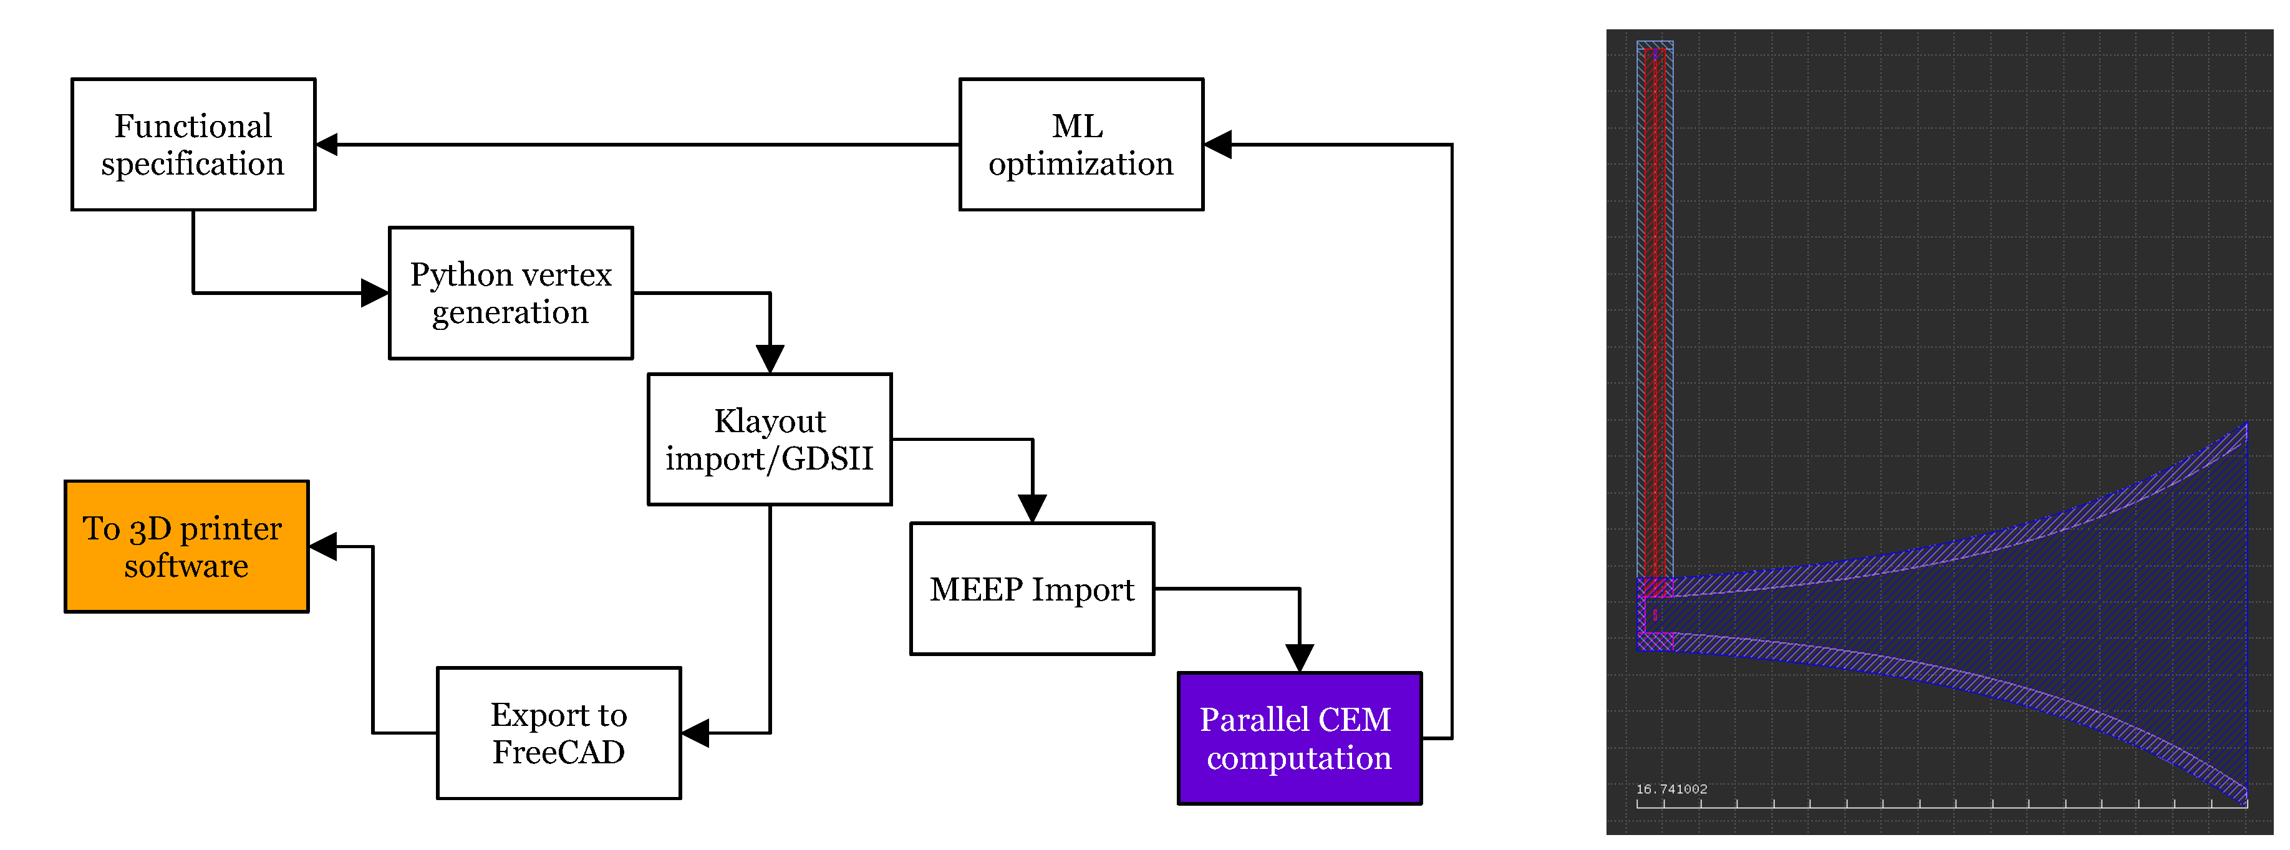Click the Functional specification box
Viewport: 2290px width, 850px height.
pos(193,144)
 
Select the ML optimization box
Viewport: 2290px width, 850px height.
pos(1080,144)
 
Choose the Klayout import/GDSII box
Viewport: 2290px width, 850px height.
pos(769,439)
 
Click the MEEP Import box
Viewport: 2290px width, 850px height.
pos(1031,589)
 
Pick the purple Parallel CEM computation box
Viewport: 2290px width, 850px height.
pos(1299,738)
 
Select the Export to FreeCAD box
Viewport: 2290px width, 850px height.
pos(558,733)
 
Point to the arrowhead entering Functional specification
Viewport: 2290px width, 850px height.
pos(328,144)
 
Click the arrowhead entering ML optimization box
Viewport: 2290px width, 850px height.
pos(1217,144)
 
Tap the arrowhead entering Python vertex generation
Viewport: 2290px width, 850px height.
pos(375,292)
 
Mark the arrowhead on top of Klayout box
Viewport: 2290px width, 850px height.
pos(769,359)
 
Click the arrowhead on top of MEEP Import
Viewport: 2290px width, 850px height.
pos(1031,509)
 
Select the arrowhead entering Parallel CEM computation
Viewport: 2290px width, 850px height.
pos(1299,658)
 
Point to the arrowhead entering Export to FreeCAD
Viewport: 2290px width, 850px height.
pos(694,733)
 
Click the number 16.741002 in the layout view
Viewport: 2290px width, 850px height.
pos(1671,789)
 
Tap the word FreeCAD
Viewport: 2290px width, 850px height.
pos(558,752)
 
